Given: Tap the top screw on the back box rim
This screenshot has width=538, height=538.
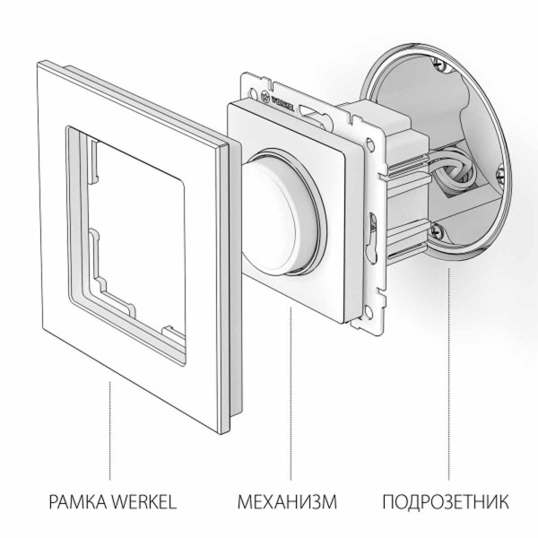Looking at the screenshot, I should [x=438, y=64].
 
